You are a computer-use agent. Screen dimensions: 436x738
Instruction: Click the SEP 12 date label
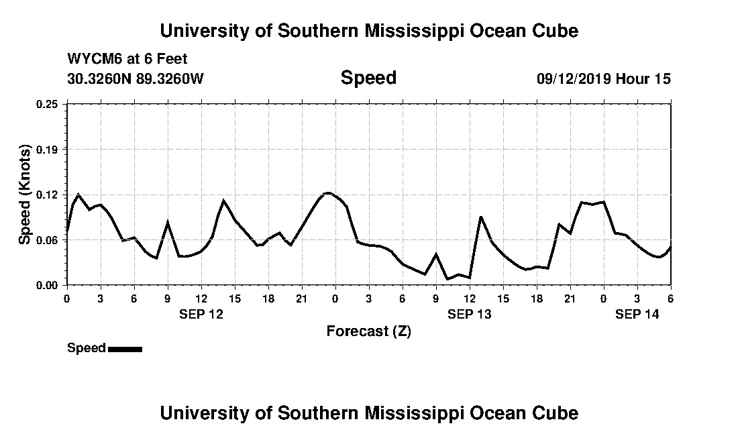(x=201, y=314)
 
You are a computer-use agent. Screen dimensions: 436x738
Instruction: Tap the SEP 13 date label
(x=470, y=314)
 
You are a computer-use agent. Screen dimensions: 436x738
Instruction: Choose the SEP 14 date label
(x=637, y=314)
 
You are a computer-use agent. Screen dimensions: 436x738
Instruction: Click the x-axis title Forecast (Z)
(x=368, y=331)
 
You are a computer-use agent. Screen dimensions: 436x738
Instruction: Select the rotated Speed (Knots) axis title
(x=25, y=195)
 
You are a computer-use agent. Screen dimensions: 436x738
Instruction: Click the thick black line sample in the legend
(x=125, y=349)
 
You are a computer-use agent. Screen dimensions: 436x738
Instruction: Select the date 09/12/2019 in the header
(x=574, y=78)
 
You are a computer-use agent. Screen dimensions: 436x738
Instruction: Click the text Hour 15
(x=643, y=78)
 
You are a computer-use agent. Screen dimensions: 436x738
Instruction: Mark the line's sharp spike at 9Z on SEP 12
(x=168, y=222)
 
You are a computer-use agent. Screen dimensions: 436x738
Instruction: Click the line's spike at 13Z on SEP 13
(x=481, y=217)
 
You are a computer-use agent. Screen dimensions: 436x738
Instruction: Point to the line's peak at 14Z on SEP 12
(x=223, y=200)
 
